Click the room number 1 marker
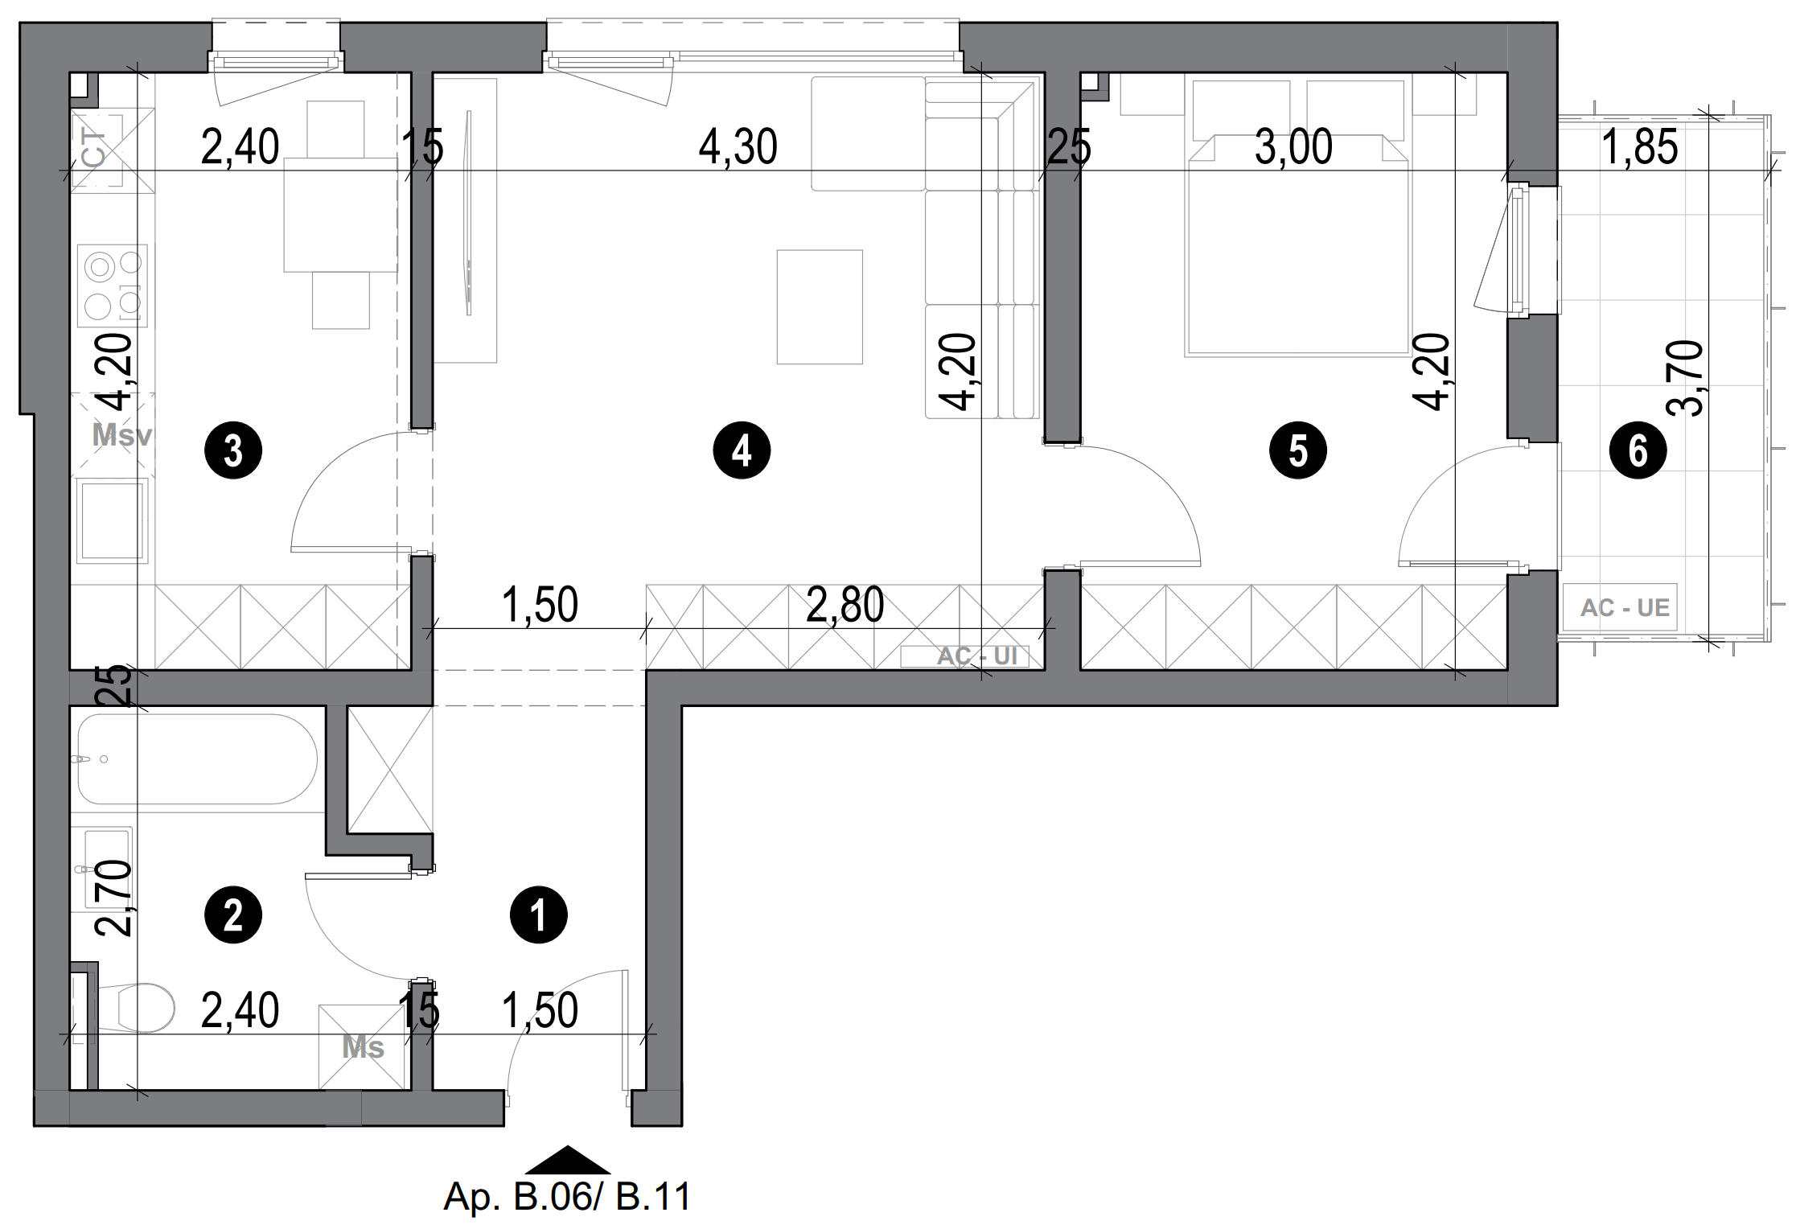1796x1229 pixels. tap(539, 915)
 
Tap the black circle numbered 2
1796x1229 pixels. tap(233, 915)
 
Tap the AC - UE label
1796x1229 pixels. tap(1625, 607)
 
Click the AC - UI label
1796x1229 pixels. tap(976, 656)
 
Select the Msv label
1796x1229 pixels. tap(121, 435)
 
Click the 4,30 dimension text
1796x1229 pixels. tap(738, 148)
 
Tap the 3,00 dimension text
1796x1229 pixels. tap(1293, 148)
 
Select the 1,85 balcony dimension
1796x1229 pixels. tap(1639, 148)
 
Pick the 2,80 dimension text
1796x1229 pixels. tap(845, 605)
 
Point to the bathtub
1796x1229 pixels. tap(197, 759)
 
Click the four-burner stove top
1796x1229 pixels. tap(113, 285)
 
